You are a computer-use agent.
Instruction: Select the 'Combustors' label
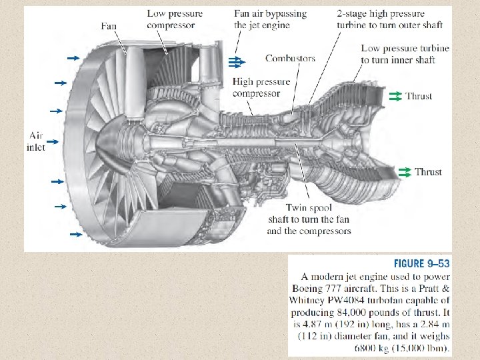pyautogui.click(x=290, y=59)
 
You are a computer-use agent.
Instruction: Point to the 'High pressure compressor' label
pyautogui.click(x=261, y=87)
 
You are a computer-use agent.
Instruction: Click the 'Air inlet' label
pyautogui.click(x=36, y=141)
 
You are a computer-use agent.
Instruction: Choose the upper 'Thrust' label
pyautogui.click(x=419, y=96)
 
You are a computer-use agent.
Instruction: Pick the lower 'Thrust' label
pyautogui.click(x=428, y=172)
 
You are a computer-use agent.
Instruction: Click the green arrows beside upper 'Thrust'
pyautogui.click(x=394, y=96)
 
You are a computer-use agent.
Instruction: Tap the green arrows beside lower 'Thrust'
pyautogui.click(x=405, y=172)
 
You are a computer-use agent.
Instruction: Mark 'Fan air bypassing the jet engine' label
pyautogui.click(x=271, y=19)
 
